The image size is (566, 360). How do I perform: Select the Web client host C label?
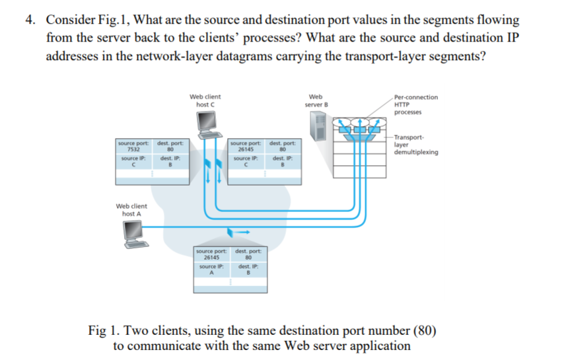point(204,100)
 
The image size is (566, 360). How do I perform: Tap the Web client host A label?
point(132,210)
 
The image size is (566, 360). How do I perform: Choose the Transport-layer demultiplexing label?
point(417,145)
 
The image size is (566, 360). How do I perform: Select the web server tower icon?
point(318,125)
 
